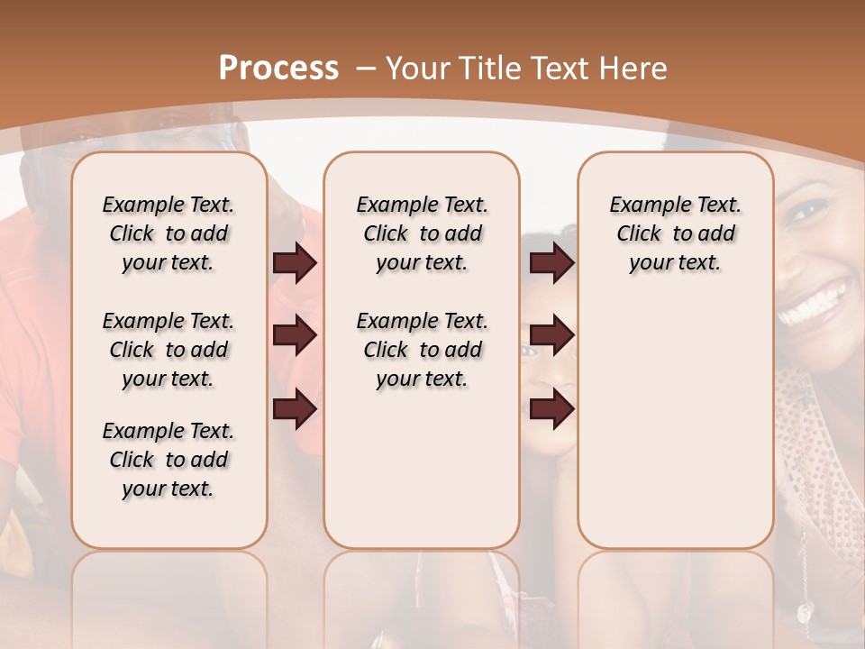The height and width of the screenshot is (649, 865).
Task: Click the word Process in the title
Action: click(278, 68)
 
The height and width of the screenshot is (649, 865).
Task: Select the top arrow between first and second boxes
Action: click(295, 263)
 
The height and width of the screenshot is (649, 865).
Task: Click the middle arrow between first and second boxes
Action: click(295, 335)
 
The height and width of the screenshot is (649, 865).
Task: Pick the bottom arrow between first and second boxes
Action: click(295, 408)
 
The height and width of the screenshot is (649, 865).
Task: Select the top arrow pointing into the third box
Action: click(551, 263)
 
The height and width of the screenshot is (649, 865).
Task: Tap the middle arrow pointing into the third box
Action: click(551, 335)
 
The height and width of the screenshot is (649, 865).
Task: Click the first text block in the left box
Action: click(168, 233)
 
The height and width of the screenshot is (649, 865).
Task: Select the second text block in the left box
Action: click(168, 350)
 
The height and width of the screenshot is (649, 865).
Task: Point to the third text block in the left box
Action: click(168, 460)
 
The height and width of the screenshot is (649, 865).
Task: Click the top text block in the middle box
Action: click(422, 233)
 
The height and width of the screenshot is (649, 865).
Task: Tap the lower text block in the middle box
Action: click(422, 350)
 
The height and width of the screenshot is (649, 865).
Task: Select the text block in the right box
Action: click(675, 233)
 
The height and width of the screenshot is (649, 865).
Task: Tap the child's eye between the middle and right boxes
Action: click(527, 351)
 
